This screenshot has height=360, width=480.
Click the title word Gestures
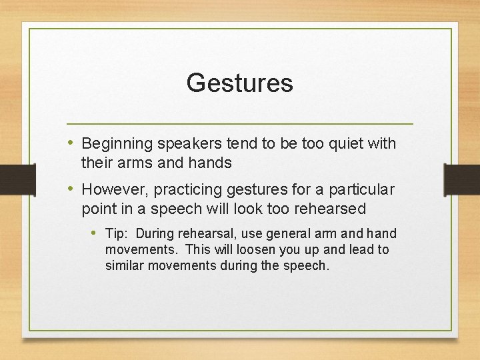click(239, 83)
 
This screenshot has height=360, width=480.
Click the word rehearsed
click(328, 209)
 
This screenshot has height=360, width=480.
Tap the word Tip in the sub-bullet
click(115, 233)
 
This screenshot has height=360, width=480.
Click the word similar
click(125, 265)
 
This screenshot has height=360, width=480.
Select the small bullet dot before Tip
click(94, 233)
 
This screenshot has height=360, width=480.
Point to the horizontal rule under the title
click(241, 124)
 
